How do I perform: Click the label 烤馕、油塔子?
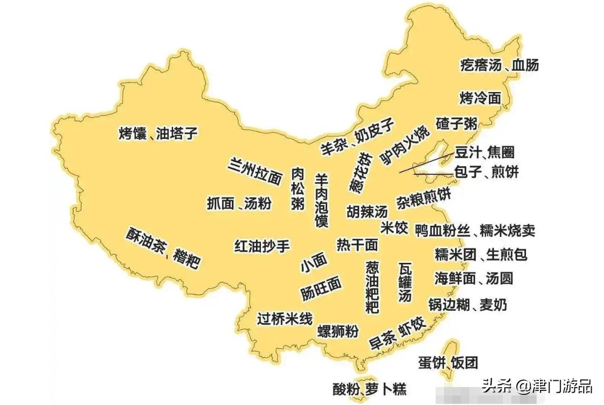pos(159,134)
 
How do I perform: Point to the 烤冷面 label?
pos(480,98)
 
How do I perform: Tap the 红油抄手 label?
pos(262,245)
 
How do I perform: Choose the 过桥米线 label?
pos(285,318)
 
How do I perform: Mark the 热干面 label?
pos(358,245)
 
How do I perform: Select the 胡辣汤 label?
pos(367,211)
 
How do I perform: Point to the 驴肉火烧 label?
pos(404,144)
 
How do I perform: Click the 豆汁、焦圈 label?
pos(484,152)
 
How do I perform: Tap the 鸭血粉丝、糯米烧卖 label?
pos(475,230)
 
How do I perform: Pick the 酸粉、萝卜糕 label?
pos(369,388)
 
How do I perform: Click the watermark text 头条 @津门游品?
pos(537,386)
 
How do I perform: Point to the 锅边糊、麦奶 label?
pos(468,305)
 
